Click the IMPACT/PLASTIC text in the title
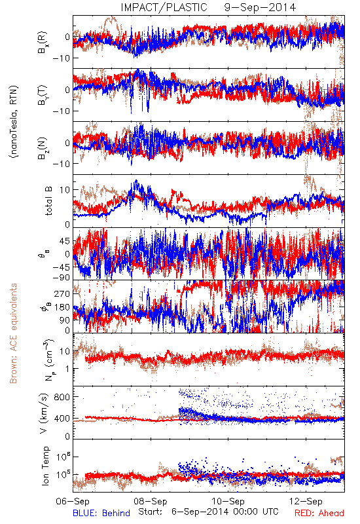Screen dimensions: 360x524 click(x=164, y=7)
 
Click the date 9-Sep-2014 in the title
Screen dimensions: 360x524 click(x=260, y=7)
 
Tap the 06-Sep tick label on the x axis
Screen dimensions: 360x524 click(x=73, y=502)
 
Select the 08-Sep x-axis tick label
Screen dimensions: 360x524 click(x=151, y=502)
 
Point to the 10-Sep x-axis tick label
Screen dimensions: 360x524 click(x=228, y=502)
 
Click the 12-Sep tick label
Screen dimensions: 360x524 click(x=306, y=502)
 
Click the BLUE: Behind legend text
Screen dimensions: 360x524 click(x=101, y=513)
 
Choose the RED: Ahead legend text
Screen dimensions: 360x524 click(x=319, y=513)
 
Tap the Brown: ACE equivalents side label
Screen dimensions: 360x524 click(x=13, y=333)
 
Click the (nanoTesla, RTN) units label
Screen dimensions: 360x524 click(x=14, y=122)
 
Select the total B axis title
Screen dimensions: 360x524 click(x=48, y=201)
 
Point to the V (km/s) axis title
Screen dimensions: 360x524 click(x=44, y=414)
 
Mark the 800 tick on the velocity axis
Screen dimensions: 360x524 click(x=62, y=397)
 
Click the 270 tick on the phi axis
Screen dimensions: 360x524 click(x=62, y=293)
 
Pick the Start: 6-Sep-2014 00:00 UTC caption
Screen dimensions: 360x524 click(x=208, y=512)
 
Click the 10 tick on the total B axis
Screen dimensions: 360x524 click(x=65, y=190)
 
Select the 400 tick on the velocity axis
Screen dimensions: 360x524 click(x=62, y=418)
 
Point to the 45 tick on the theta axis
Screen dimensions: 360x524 click(x=65, y=241)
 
